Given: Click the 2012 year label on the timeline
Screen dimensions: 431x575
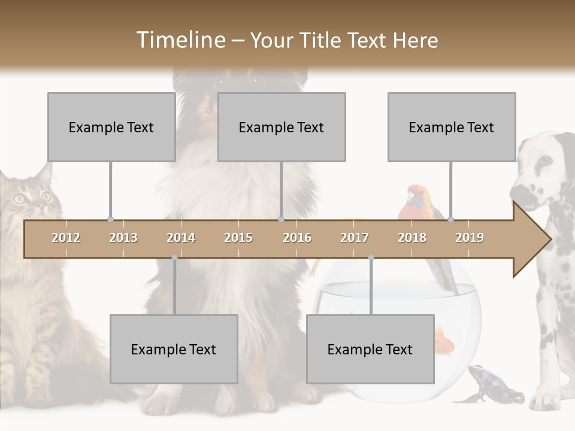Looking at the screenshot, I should tap(66, 238).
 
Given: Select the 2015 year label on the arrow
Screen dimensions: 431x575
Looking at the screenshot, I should tap(238, 238).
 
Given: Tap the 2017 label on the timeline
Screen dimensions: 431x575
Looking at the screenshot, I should tap(355, 238).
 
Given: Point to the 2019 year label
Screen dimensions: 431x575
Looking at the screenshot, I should tap(470, 238).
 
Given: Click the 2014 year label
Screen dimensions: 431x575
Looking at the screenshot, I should tap(181, 238).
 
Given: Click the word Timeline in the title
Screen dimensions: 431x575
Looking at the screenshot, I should tap(180, 40).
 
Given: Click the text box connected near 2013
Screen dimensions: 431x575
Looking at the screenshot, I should tap(111, 127).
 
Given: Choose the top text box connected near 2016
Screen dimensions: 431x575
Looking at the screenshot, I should tap(282, 127).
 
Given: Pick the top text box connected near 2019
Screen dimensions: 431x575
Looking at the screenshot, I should tap(452, 127).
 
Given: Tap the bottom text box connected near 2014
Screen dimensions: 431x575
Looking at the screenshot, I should tap(174, 349).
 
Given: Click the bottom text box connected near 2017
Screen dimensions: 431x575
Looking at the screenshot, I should tap(370, 349).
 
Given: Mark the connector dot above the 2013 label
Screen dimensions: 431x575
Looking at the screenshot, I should tap(110, 220).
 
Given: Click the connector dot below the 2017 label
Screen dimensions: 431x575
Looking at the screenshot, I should tap(371, 257).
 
